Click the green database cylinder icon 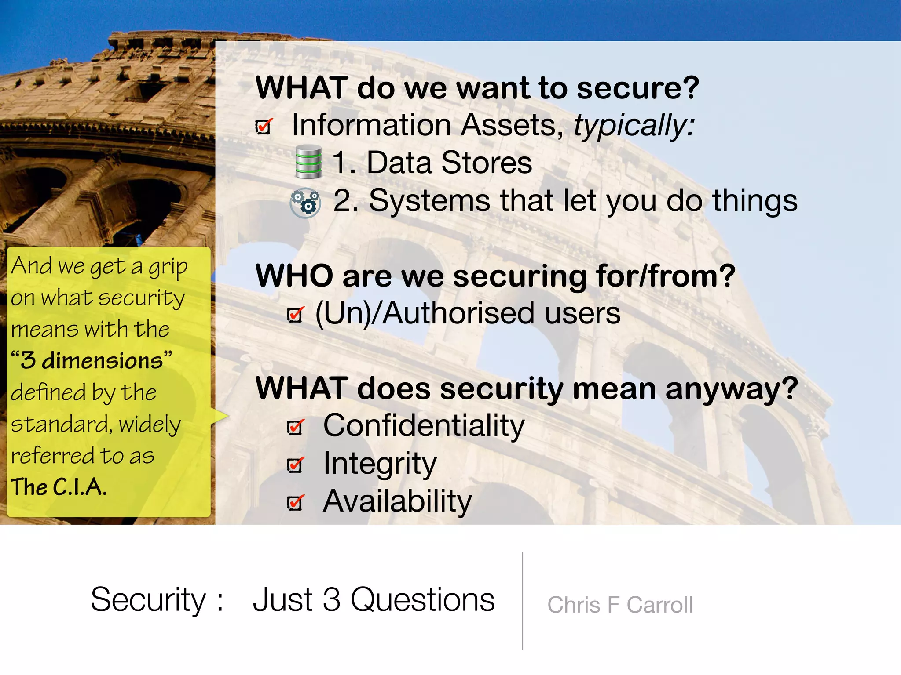click(x=308, y=162)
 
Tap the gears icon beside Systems click(x=305, y=203)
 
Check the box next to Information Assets click(x=264, y=127)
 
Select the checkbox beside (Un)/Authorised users click(x=295, y=315)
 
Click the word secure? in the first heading click(x=637, y=88)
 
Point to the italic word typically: click(x=634, y=126)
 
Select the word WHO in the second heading click(x=294, y=276)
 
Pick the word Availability click(x=397, y=501)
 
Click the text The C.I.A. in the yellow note click(x=59, y=487)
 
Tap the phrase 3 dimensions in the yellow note click(x=92, y=361)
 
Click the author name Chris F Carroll click(x=619, y=605)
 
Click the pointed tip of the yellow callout click(x=227, y=416)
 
